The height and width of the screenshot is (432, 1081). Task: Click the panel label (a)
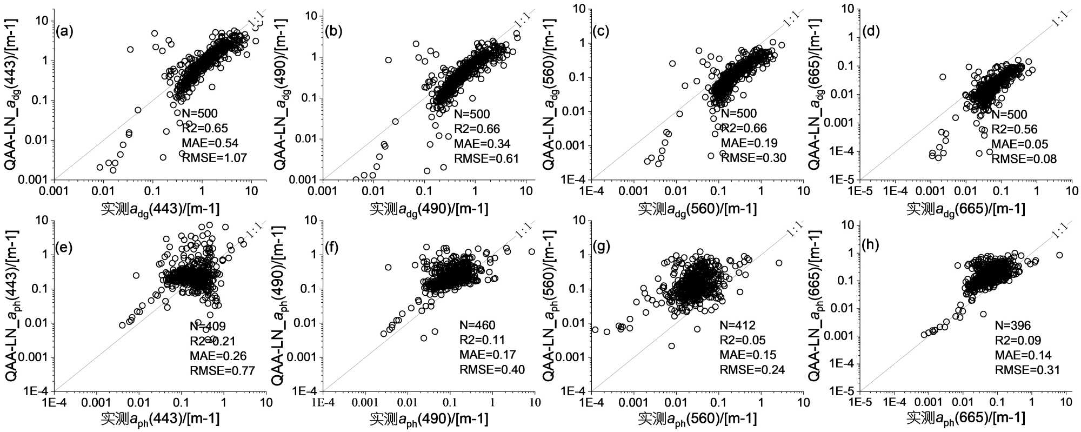[x=64, y=31]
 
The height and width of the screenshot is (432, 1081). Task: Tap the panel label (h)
[x=871, y=244]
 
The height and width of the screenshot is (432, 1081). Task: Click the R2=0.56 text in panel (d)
[x=1014, y=129]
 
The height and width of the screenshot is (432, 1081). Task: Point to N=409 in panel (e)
[x=208, y=326]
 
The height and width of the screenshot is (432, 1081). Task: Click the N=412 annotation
[x=737, y=325]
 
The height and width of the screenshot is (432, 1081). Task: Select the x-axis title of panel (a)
[x=160, y=209]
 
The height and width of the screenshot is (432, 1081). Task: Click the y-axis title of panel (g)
[x=549, y=305]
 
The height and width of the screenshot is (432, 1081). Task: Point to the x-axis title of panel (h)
[x=965, y=418]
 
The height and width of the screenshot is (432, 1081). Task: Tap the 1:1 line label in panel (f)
[x=523, y=230]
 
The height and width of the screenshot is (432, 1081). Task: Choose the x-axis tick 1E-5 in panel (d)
[x=860, y=190]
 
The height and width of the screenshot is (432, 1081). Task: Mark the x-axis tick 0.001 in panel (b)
[x=323, y=190]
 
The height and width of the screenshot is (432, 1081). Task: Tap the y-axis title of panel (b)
[x=281, y=95]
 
